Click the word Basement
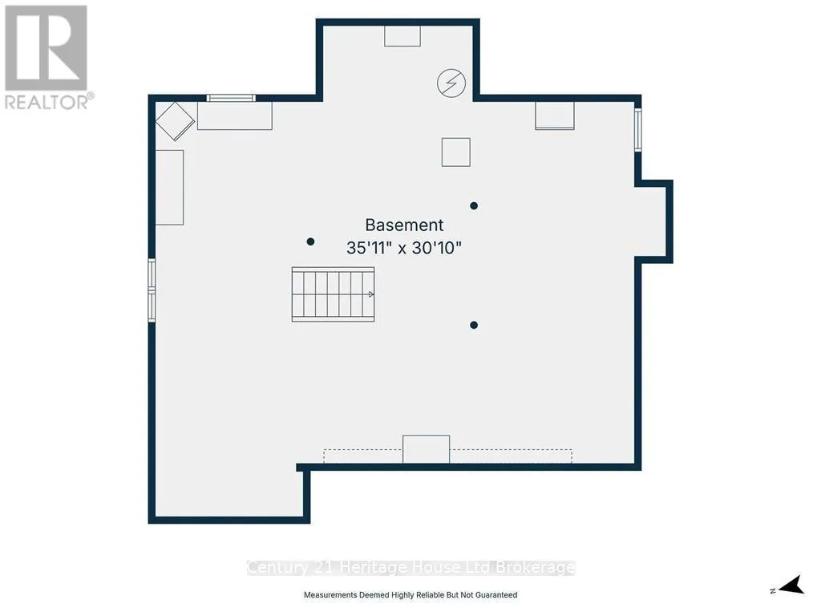click(404, 225)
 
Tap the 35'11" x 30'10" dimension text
click(404, 248)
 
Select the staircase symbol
click(333, 294)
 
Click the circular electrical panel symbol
click(451, 83)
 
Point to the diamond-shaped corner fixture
click(175, 121)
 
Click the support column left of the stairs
click(310, 241)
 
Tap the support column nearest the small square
click(474, 206)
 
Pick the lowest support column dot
click(474, 326)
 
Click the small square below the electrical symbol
click(456, 152)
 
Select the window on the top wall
click(231, 98)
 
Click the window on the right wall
click(637, 129)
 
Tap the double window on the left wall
click(152, 290)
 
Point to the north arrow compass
click(788, 585)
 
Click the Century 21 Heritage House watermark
click(411, 568)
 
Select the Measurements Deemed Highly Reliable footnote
click(410, 595)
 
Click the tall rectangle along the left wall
click(169, 188)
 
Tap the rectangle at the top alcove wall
click(402, 36)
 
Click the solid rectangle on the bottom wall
click(427, 449)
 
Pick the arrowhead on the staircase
click(371, 294)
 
